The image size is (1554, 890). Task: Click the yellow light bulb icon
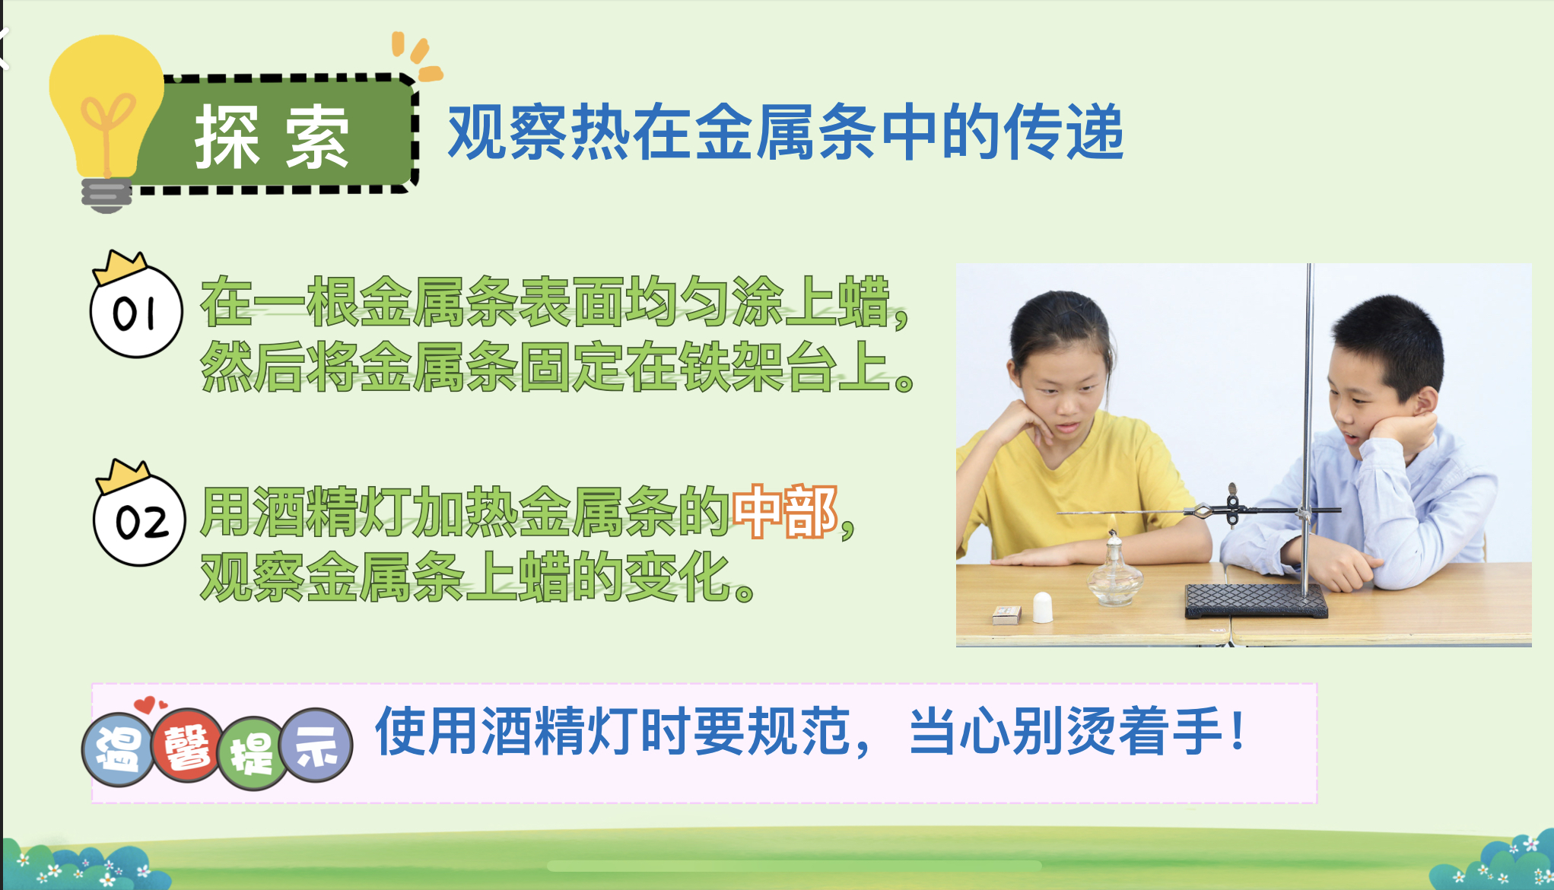[106, 122]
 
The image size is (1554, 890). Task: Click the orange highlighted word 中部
[784, 512]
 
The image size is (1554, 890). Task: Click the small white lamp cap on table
[1042, 607]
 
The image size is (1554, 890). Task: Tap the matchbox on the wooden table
[1007, 614]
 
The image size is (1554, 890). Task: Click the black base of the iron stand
[1256, 601]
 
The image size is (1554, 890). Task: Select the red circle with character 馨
[186, 746]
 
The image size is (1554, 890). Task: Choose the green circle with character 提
[252, 753]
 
